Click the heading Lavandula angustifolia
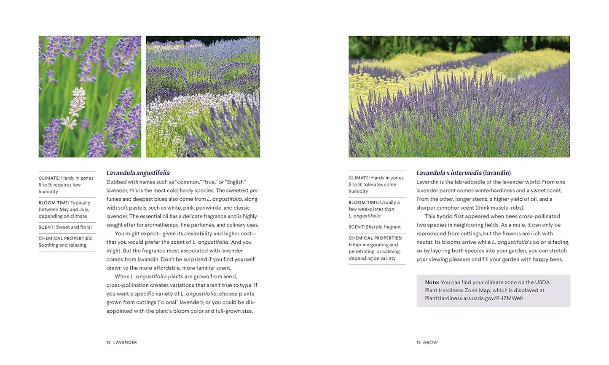click(x=138, y=173)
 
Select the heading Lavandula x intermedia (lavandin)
click(x=463, y=173)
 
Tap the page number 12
click(x=108, y=343)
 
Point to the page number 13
click(x=419, y=343)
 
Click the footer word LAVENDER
click(x=125, y=343)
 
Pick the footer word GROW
click(x=430, y=343)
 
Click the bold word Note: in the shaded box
click(x=432, y=282)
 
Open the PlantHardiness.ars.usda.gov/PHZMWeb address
click(x=475, y=298)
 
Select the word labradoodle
click(x=466, y=182)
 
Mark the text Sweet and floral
click(x=74, y=227)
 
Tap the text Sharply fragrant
click(x=383, y=227)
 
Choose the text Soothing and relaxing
click(x=62, y=245)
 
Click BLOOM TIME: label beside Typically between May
click(x=54, y=203)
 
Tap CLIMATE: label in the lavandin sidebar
click(x=359, y=178)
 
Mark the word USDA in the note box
click(x=542, y=282)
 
